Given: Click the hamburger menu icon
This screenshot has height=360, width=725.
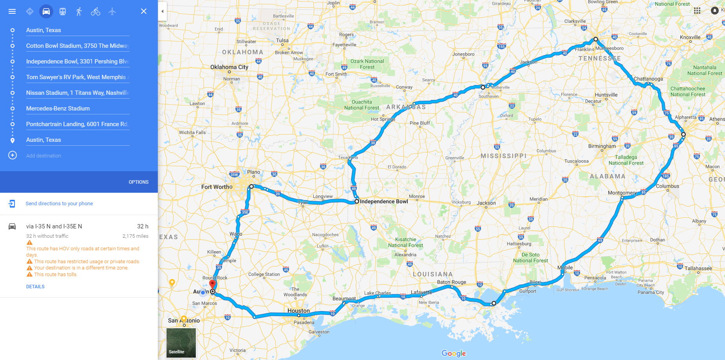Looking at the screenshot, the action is tap(12, 11).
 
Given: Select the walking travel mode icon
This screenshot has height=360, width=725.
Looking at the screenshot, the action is tap(79, 11).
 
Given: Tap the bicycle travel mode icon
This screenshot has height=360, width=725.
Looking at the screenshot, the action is tap(96, 11).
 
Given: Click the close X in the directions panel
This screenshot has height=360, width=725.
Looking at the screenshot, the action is tap(144, 11).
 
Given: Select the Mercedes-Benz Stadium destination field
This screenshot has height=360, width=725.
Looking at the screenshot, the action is tap(58, 109).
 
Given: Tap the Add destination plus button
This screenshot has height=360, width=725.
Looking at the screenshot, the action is tap(13, 156).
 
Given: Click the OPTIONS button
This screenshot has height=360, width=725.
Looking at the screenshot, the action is tap(139, 182).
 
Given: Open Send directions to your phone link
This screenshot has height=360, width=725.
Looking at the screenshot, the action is tap(59, 204).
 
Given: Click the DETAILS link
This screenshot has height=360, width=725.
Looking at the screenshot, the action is tap(35, 287).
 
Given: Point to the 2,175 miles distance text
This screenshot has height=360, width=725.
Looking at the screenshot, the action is tap(135, 236).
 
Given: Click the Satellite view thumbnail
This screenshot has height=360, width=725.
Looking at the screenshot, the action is tap(181, 343).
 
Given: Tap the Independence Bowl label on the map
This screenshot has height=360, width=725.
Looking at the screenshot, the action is tap(384, 201).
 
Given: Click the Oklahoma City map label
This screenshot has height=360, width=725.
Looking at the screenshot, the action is tap(229, 67).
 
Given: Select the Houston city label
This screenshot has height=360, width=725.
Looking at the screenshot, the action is tap(298, 311).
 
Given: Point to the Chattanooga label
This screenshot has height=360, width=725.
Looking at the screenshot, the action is tap(648, 79).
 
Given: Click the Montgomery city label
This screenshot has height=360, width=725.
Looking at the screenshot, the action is tap(622, 193).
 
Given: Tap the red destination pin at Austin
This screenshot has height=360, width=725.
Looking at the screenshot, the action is tap(213, 284).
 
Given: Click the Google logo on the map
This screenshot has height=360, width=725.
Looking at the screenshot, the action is tap(454, 353).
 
